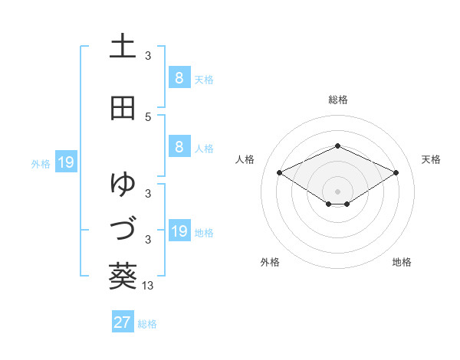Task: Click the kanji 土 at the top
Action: pos(123,47)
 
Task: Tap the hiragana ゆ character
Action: pos(123,184)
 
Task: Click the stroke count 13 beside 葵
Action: pos(149,285)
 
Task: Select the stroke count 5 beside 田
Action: pos(148,116)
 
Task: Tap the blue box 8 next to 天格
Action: pos(179,78)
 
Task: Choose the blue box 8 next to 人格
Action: pos(179,147)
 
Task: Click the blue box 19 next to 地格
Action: pos(179,231)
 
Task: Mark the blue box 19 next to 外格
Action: pos(65,162)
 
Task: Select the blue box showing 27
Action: pos(123,322)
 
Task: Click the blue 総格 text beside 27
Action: pos(147,324)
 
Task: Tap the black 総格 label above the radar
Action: pos(338,100)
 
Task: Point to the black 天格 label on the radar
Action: pos(431,159)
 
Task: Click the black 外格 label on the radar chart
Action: pos(270,262)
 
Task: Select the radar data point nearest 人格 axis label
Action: pos(279,172)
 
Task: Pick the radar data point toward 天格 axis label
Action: pos(396,172)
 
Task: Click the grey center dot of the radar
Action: pos(338,191)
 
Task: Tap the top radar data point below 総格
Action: pos(338,146)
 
